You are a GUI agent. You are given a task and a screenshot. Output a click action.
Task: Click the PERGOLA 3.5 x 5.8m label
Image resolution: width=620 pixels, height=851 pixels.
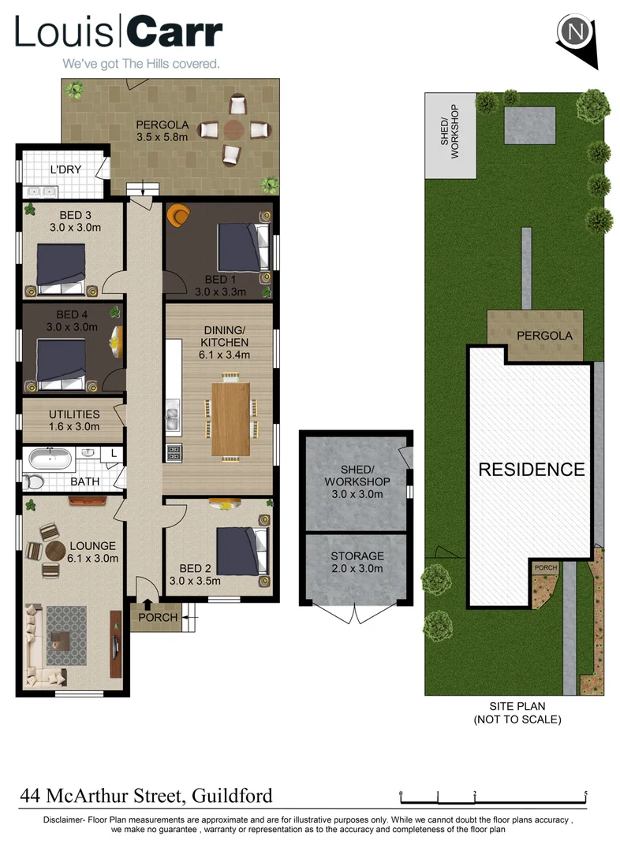[x=161, y=131]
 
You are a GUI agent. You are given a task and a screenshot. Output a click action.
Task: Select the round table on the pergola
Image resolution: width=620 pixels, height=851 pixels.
[x=234, y=130]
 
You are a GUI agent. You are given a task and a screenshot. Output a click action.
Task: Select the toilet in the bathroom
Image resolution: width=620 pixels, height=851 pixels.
[x=33, y=482]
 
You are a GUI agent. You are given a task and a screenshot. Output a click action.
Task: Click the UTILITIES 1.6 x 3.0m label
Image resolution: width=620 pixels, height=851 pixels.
[x=74, y=420]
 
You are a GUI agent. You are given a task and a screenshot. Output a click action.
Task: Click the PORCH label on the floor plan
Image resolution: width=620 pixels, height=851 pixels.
[x=158, y=617]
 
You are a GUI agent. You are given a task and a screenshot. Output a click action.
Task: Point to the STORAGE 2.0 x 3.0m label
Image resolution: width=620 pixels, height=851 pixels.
[x=357, y=562]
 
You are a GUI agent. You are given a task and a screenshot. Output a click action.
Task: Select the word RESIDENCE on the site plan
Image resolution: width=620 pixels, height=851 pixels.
[x=532, y=470]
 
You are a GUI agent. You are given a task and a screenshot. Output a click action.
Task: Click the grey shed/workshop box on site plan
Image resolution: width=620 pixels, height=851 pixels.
[x=450, y=135]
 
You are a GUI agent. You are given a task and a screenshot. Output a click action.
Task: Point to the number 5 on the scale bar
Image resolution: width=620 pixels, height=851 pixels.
[x=585, y=793]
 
